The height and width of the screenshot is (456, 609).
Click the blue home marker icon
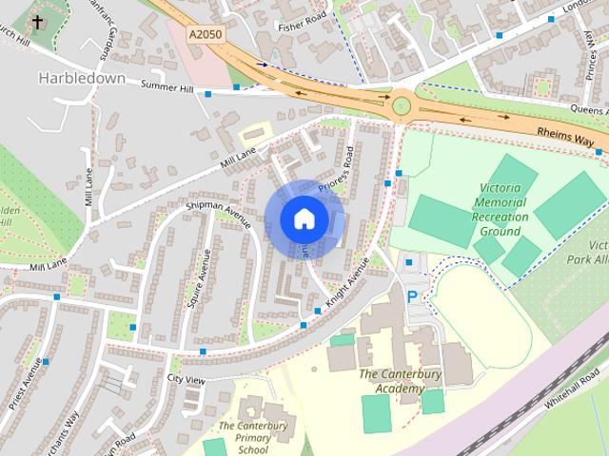304,218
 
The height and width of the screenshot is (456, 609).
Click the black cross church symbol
37,22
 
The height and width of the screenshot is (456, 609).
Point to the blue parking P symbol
412,296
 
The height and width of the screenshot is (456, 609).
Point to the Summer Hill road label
167,87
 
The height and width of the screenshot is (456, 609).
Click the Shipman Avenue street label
219,215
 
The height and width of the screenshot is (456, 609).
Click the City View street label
186,379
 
